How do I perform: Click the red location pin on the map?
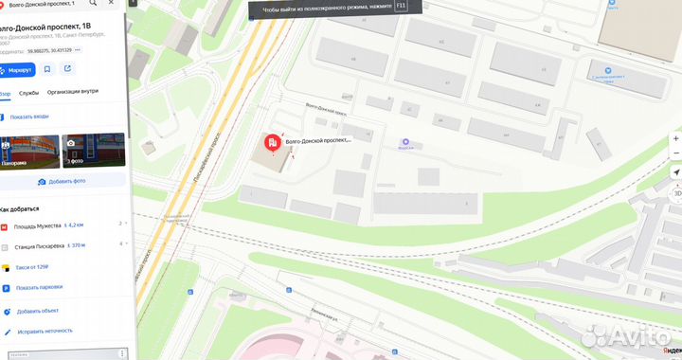pyautogui.click(x=272, y=143)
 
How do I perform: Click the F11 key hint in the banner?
pyautogui.click(x=401, y=6)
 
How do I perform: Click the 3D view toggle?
pyautogui.click(x=676, y=192)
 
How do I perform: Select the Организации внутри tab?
pyautogui.click(x=73, y=93)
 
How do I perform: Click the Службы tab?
pyautogui.click(x=28, y=93)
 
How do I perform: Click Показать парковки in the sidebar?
pyautogui.click(x=39, y=287)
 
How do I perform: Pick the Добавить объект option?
pyautogui.click(x=37, y=311)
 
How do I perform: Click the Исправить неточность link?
pyautogui.click(x=44, y=332)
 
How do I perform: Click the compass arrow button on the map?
pyautogui.click(x=676, y=172)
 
